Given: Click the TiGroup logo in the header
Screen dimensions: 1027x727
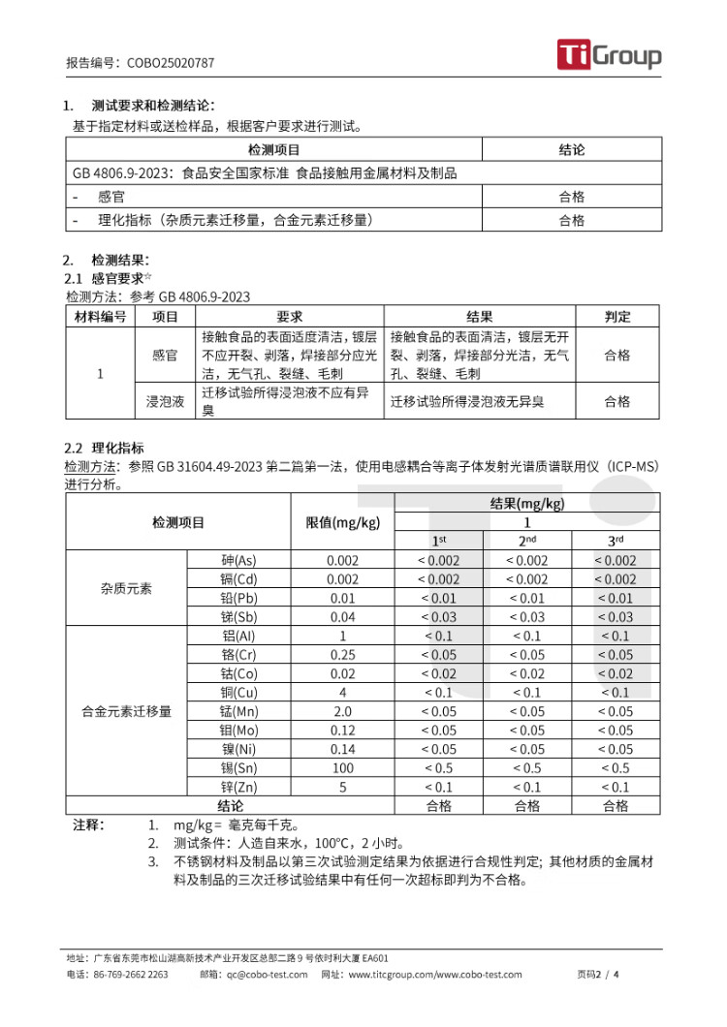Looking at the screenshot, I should coord(609,55).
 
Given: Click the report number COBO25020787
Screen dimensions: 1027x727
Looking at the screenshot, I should coord(171,63).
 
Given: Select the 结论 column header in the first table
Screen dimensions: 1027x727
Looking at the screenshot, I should coord(572,150).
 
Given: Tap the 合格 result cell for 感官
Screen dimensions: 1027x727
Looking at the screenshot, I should coord(572,197).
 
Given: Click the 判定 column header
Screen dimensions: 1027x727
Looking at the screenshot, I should coord(617,317).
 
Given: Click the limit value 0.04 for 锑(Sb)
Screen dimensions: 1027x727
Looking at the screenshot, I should coord(342,617).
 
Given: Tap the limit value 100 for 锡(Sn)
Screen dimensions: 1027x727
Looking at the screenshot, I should coord(342,768).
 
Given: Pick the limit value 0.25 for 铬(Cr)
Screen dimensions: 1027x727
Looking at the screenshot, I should coord(342,655).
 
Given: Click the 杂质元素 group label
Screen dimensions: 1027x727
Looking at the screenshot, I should coord(126,589).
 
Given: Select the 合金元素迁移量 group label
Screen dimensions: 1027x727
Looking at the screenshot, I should coord(126,711).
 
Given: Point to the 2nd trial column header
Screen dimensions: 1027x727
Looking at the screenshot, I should coord(527,541).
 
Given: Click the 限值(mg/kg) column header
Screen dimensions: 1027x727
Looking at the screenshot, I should coord(342,522).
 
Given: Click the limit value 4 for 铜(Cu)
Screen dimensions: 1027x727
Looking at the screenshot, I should coord(342,693).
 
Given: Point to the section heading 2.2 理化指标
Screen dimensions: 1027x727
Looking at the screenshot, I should coord(104,448).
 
